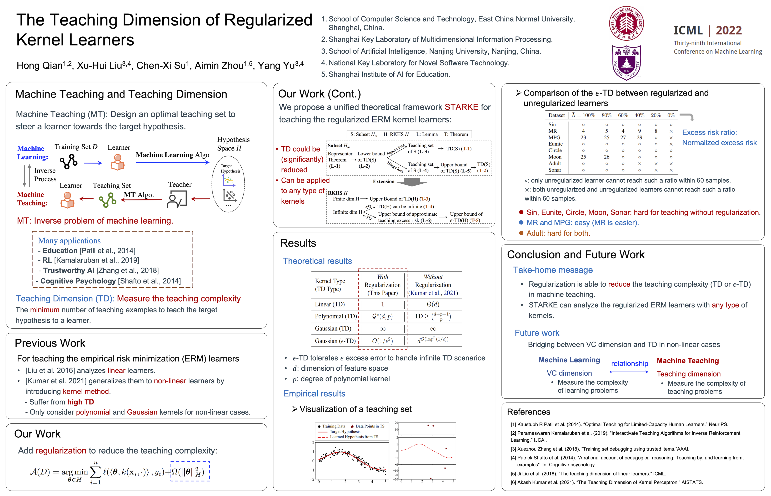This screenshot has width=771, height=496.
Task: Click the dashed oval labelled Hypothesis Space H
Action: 228,184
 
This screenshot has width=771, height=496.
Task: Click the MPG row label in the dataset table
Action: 554,138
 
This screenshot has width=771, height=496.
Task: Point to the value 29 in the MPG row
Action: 639,138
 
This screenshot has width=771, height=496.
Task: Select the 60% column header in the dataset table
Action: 623,115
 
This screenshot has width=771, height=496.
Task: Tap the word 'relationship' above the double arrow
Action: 629,364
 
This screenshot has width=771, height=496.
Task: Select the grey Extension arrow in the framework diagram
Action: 412,182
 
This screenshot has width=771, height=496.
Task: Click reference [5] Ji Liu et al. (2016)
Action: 588,474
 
